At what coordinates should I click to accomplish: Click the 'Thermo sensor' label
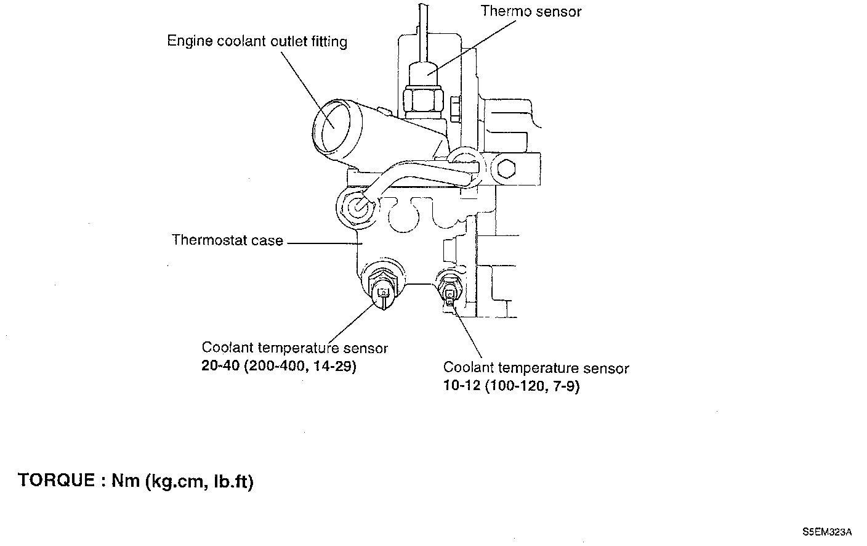[x=530, y=11]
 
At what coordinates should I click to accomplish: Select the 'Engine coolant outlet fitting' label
[x=257, y=41]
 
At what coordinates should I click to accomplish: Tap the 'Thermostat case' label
[x=227, y=240]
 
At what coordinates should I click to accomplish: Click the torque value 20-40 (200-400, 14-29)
[x=279, y=367]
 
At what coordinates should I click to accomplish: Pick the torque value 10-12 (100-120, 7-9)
[x=511, y=386]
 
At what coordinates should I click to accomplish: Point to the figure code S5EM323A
[x=827, y=531]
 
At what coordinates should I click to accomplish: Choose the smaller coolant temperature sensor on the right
[x=450, y=290]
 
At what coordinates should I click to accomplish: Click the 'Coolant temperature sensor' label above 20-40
[x=294, y=348]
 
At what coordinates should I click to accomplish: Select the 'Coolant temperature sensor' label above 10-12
[x=536, y=368]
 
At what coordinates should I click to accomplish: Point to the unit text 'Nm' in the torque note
[x=125, y=481]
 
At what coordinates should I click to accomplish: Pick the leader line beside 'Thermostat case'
[x=324, y=243]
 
